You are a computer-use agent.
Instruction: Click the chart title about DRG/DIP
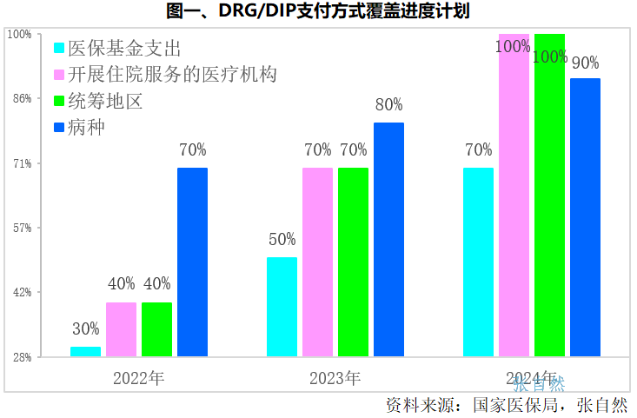[x=318, y=12]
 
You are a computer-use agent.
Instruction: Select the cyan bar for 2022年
[x=85, y=351]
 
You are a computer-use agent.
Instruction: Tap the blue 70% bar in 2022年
[x=192, y=262]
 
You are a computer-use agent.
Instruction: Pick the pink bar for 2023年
[x=317, y=262]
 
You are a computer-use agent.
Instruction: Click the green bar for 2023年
[x=353, y=262]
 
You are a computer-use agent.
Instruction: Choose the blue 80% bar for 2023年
[x=388, y=239]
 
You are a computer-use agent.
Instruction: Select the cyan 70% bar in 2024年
[x=478, y=262]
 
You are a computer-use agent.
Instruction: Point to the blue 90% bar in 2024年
[x=585, y=217]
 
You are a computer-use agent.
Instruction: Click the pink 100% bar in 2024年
[x=514, y=196]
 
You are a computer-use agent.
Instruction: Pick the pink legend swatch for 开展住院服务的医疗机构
[x=59, y=75]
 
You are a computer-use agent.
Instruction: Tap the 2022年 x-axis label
[x=138, y=379]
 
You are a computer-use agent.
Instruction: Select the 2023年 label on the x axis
[x=335, y=379]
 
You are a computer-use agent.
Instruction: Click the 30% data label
[x=85, y=329]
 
